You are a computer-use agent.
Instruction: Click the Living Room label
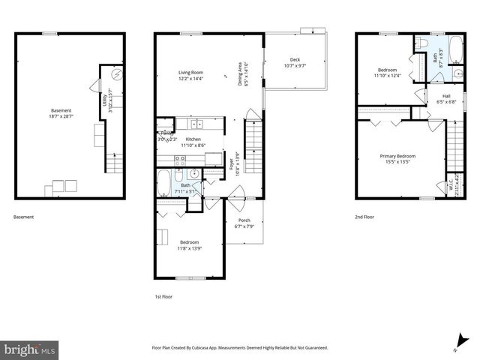click(x=190, y=72)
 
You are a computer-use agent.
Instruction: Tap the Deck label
click(x=294, y=61)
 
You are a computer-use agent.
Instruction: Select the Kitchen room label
click(x=193, y=139)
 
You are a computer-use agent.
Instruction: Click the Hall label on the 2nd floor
click(x=446, y=96)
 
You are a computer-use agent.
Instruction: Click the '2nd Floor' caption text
click(x=364, y=217)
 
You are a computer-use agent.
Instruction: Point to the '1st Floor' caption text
click(x=164, y=298)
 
